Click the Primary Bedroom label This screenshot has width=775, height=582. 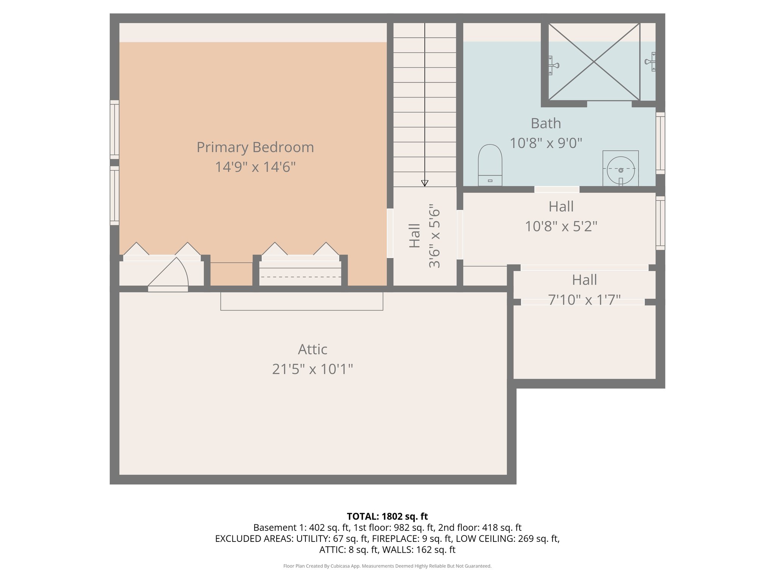pyautogui.click(x=255, y=147)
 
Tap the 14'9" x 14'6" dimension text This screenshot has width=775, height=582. pyautogui.click(x=255, y=167)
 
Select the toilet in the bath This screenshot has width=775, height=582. pyautogui.click(x=490, y=165)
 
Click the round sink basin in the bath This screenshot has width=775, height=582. pyautogui.click(x=621, y=170)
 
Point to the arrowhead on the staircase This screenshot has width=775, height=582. pyautogui.click(x=425, y=183)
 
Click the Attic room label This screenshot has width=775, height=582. pyautogui.click(x=312, y=349)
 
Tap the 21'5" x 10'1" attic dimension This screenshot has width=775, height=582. pyautogui.click(x=312, y=369)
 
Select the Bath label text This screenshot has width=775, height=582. pyautogui.click(x=546, y=123)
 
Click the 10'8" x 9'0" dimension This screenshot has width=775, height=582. pyautogui.click(x=546, y=143)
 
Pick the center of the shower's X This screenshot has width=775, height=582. pyautogui.click(x=594, y=62)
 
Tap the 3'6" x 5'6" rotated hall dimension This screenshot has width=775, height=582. pyautogui.click(x=434, y=236)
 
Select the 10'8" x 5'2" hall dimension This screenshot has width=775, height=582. pyautogui.click(x=561, y=227)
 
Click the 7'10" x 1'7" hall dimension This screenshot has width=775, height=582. pyautogui.click(x=584, y=299)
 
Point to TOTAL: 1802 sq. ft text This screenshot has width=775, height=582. pyautogui.click(x=387, y=516)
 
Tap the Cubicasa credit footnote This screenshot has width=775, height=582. pyautogui.click(x=387, y=566)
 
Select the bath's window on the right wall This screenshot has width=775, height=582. pyautogui.click(x=660, y=143)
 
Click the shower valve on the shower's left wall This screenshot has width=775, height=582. pyautogui.click(x=553, y=65)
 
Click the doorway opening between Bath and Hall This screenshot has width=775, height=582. pyautogui.click(x=557, y=189)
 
